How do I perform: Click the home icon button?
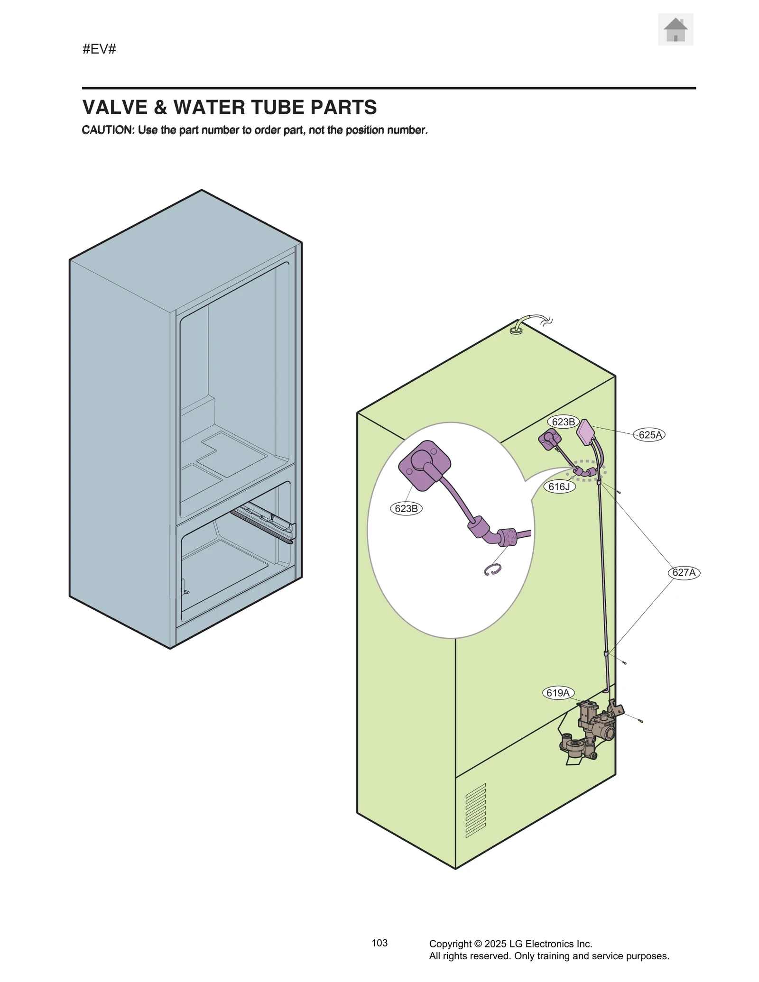click(x=675, y=30)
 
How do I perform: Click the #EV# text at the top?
click(x=99, y=49)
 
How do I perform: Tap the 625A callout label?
click(x=649, y=435)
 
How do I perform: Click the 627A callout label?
click(x=684, y=573)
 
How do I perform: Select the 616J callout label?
click(x=559, y=487)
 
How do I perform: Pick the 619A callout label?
click(x=558, y=693)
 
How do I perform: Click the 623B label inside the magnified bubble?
click(x=406, y=509)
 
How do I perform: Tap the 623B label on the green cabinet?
click(x=563, y=422)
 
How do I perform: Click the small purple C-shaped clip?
click(x=492, y=570)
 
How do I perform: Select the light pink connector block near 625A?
click(x=586, y=432)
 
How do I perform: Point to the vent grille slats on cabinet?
click(x=475, y=810)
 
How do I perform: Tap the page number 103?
click(x=379, y=943)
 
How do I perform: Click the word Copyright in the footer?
click(x=450, y=944)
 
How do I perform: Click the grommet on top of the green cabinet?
click(x=516, y=329)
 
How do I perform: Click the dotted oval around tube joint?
click(x=586, y=470)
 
